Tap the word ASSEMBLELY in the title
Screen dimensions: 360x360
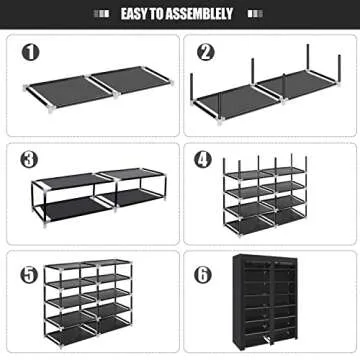pos(202,14)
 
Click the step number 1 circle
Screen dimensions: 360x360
pos(32,53)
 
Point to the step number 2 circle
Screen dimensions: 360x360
pos(206,53)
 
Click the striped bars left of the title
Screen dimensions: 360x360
pos(99,14)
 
